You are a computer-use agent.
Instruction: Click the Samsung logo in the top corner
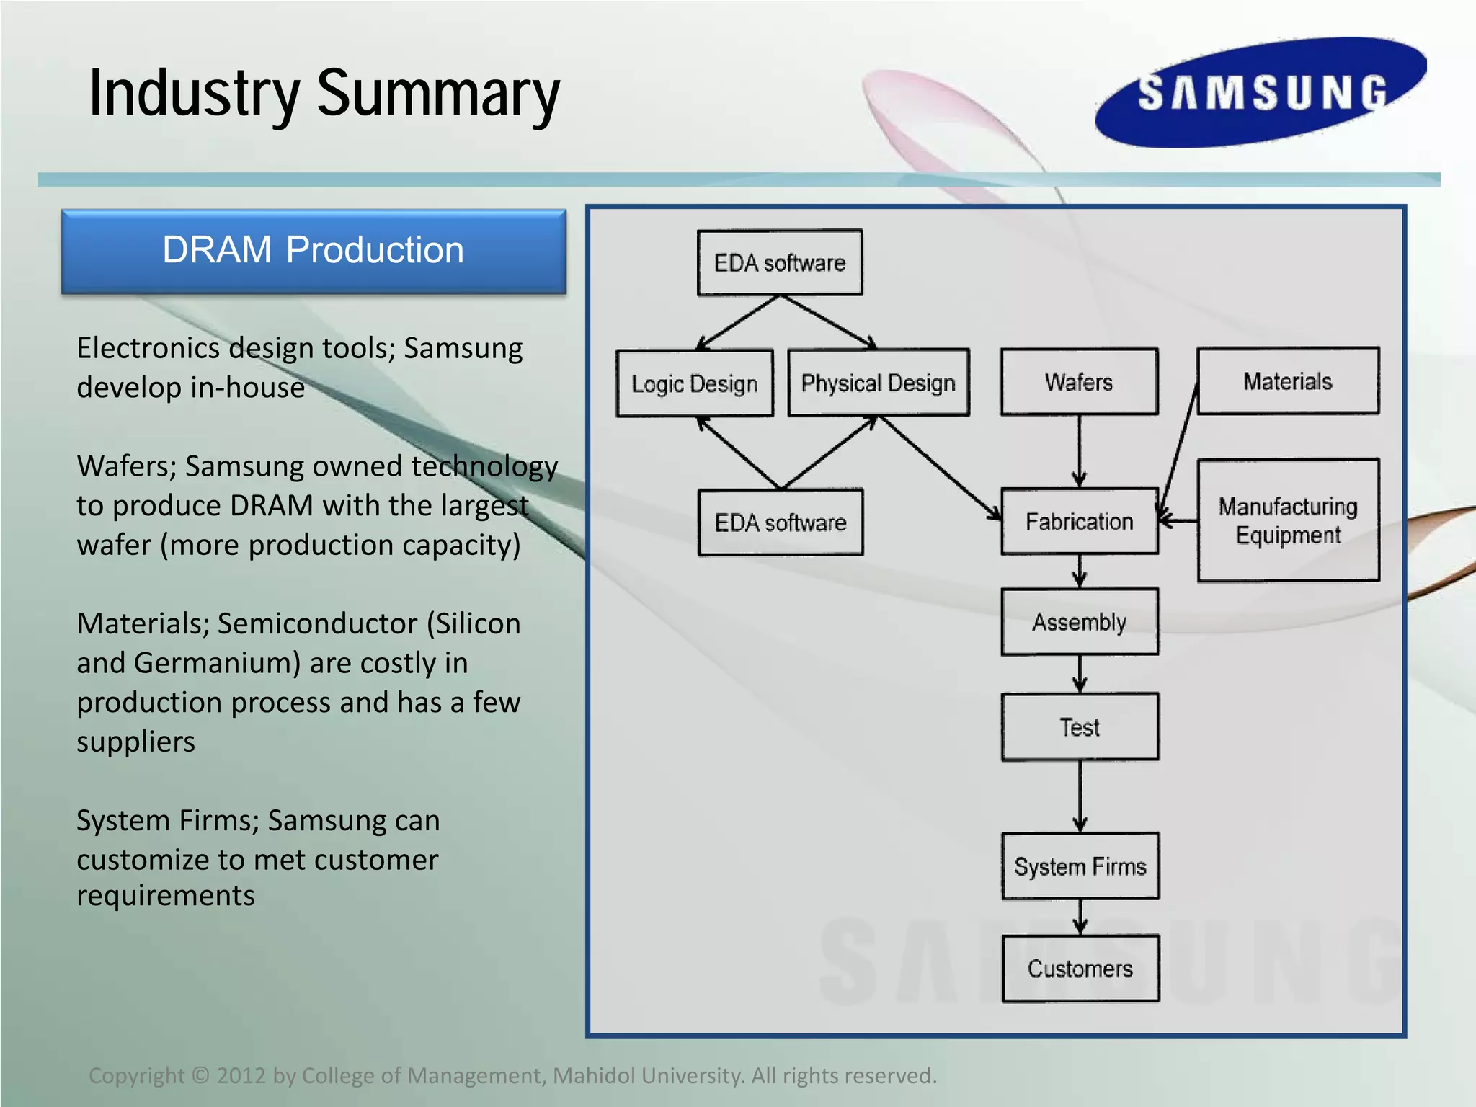pyautogui.click(x=1261, y=92)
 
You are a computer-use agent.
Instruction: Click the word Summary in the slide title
pyautogui.click(x=437, y=94)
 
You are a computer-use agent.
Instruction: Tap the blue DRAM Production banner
pyautogui.click(x=314, y=251)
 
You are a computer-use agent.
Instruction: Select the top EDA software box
pyautogui.click(x=780, y=262)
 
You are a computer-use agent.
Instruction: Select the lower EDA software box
pyautogui.click(x=781, y=522)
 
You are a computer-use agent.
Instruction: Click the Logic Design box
pyautogui.click(x=695, y=383)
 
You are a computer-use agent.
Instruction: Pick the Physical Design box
pyautogui.click(x=878, y=383)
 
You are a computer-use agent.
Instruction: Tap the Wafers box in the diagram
pyautogui.click(x=1079, y=381)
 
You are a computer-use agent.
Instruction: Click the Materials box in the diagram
pyautogui.click(x=1288, y=381)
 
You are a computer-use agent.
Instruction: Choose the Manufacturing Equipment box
pyautogui.click(x=1288, y=520)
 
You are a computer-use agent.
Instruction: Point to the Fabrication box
pyautogui.click(x=1079, y=521)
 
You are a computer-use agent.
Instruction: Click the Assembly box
pyautogui.click(x=1079, y=621)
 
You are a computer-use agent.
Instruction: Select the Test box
pyautogui.click(x=1079, y=726)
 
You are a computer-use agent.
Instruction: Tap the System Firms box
pyautogui.click(x=1080, y=866)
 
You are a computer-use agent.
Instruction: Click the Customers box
pyautogui.click(x=1080, y=968)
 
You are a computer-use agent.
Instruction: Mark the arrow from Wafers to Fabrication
pyautogui.click(x=1079, y=450)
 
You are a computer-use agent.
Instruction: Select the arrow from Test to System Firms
pyautogui.click(x=1080, y=796)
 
